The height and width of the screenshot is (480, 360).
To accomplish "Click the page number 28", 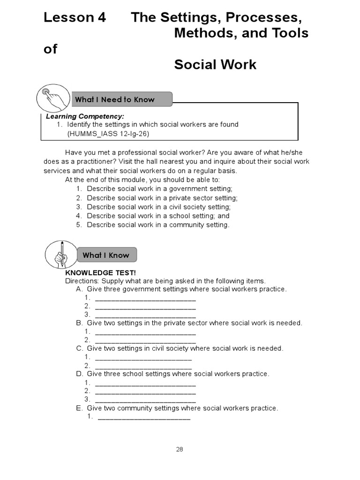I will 180,449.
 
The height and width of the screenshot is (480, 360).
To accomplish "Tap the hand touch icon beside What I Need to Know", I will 52,97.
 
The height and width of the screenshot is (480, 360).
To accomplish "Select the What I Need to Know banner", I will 120,99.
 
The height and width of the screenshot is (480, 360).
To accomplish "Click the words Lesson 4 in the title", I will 75,17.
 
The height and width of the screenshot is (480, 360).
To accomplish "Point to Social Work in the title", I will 215,64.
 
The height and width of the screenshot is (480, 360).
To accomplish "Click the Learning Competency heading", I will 85,116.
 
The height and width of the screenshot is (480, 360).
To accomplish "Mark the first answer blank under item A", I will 145,299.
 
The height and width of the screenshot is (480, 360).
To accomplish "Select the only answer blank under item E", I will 144,417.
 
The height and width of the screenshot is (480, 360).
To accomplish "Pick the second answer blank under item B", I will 145,341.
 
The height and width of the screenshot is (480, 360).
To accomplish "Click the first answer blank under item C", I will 143,358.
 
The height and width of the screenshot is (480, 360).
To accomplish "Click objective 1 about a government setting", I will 159,188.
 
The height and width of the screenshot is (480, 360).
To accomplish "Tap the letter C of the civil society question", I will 79,348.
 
